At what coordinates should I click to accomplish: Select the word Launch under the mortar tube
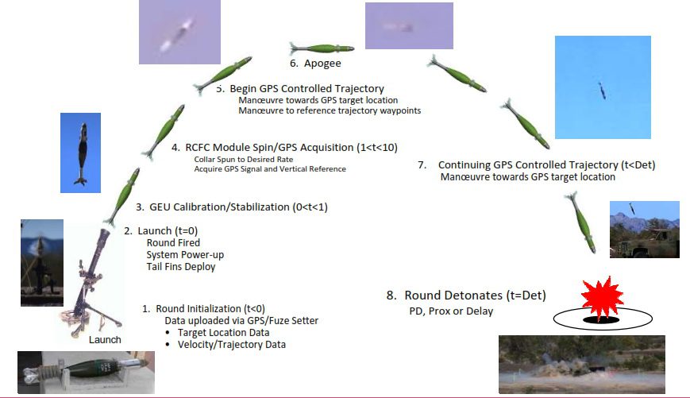106,339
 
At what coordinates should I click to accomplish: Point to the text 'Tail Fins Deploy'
181,267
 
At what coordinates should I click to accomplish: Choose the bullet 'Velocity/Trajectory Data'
230,345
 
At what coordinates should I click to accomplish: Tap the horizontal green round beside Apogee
322,48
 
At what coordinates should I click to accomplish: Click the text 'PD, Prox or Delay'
445,311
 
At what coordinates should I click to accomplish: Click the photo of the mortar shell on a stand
86,372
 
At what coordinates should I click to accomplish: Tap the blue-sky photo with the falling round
603,87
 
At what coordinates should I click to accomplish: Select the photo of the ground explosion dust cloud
581,364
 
